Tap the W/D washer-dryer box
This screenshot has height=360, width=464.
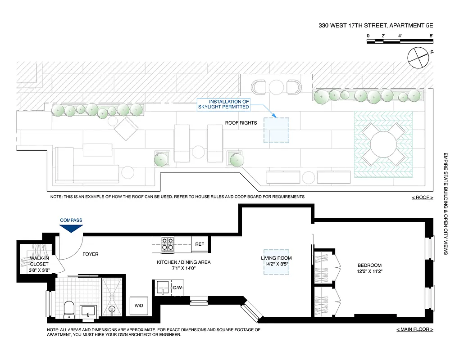138,306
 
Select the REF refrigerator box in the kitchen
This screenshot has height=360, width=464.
199,244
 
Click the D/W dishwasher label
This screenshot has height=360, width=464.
177,287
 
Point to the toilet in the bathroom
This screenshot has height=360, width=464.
69,309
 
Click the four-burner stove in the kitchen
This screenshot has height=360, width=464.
168,244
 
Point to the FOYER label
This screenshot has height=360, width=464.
90,254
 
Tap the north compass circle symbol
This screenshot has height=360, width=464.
418,57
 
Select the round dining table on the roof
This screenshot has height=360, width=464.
383,144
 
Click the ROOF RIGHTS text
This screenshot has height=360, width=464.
241,122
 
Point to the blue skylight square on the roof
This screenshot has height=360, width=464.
276,130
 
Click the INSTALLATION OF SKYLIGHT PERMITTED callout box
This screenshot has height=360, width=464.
223,104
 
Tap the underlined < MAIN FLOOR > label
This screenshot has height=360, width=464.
414,329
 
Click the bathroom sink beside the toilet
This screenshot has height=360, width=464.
88,310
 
